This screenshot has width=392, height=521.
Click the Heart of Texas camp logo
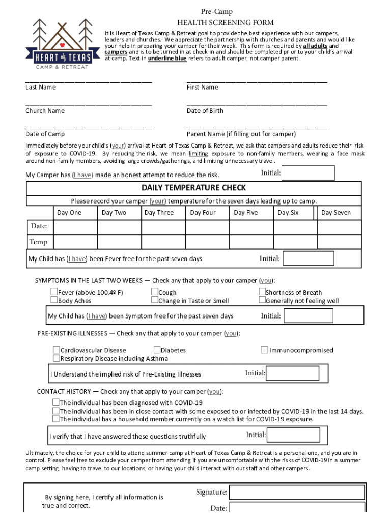click(61, 45)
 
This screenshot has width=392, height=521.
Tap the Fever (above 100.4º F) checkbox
click(54, 292)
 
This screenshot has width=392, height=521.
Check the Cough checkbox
click(155, 292)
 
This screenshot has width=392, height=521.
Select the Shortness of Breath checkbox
click(262, 292)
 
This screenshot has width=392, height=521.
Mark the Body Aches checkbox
click(54, 300)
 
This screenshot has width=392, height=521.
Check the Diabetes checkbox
click(157, 350)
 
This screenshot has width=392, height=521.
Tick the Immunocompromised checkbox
click(265, 350)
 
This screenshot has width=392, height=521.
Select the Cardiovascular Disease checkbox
click(57, 350)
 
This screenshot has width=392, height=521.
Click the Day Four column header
click(203, 213)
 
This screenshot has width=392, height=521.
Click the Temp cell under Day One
click(75, 241)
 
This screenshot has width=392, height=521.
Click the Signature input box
click(296, 492)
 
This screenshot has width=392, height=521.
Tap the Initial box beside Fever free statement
click(308, 258)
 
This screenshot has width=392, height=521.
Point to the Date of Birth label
click(205, 111)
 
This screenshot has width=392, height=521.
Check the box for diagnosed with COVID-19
click(56, 402)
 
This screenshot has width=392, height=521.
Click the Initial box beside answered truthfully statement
click(294, 435)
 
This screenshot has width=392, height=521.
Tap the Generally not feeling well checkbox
click(262, 300)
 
